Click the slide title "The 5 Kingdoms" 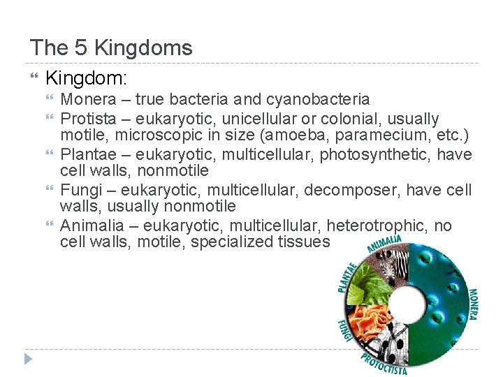110,48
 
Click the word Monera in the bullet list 87,100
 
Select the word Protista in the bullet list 87,118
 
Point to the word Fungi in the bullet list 79,191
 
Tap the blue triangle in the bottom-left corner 28,359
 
